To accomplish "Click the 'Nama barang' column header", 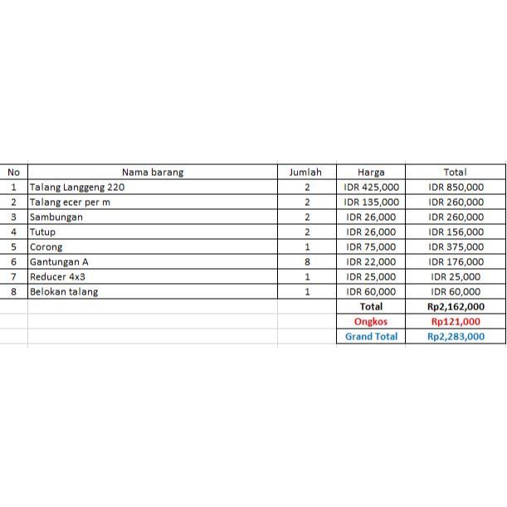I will point(152,173).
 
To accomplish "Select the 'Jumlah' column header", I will point(305,173).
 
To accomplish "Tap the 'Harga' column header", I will point(371,173).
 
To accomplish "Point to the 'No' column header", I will point(13,173).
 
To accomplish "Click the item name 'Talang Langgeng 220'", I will point(77,188).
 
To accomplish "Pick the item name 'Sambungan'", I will point(56,217).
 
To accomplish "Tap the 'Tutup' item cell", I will point(43,232).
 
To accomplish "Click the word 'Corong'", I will point(46,247).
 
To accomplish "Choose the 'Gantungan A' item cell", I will point(59,262).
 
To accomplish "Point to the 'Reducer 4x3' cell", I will point(57,277).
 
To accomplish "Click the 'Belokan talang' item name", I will point(64,292).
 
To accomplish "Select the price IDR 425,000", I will point(371,188).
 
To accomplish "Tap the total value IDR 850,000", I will point(456,188).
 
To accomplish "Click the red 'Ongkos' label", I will point(371,322).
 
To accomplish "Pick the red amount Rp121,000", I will point(456,322).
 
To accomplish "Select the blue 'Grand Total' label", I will point(371,337).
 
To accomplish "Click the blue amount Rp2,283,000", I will point(456,337).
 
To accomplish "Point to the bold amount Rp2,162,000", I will point(456,307).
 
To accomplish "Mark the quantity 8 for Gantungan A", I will point(307,262).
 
